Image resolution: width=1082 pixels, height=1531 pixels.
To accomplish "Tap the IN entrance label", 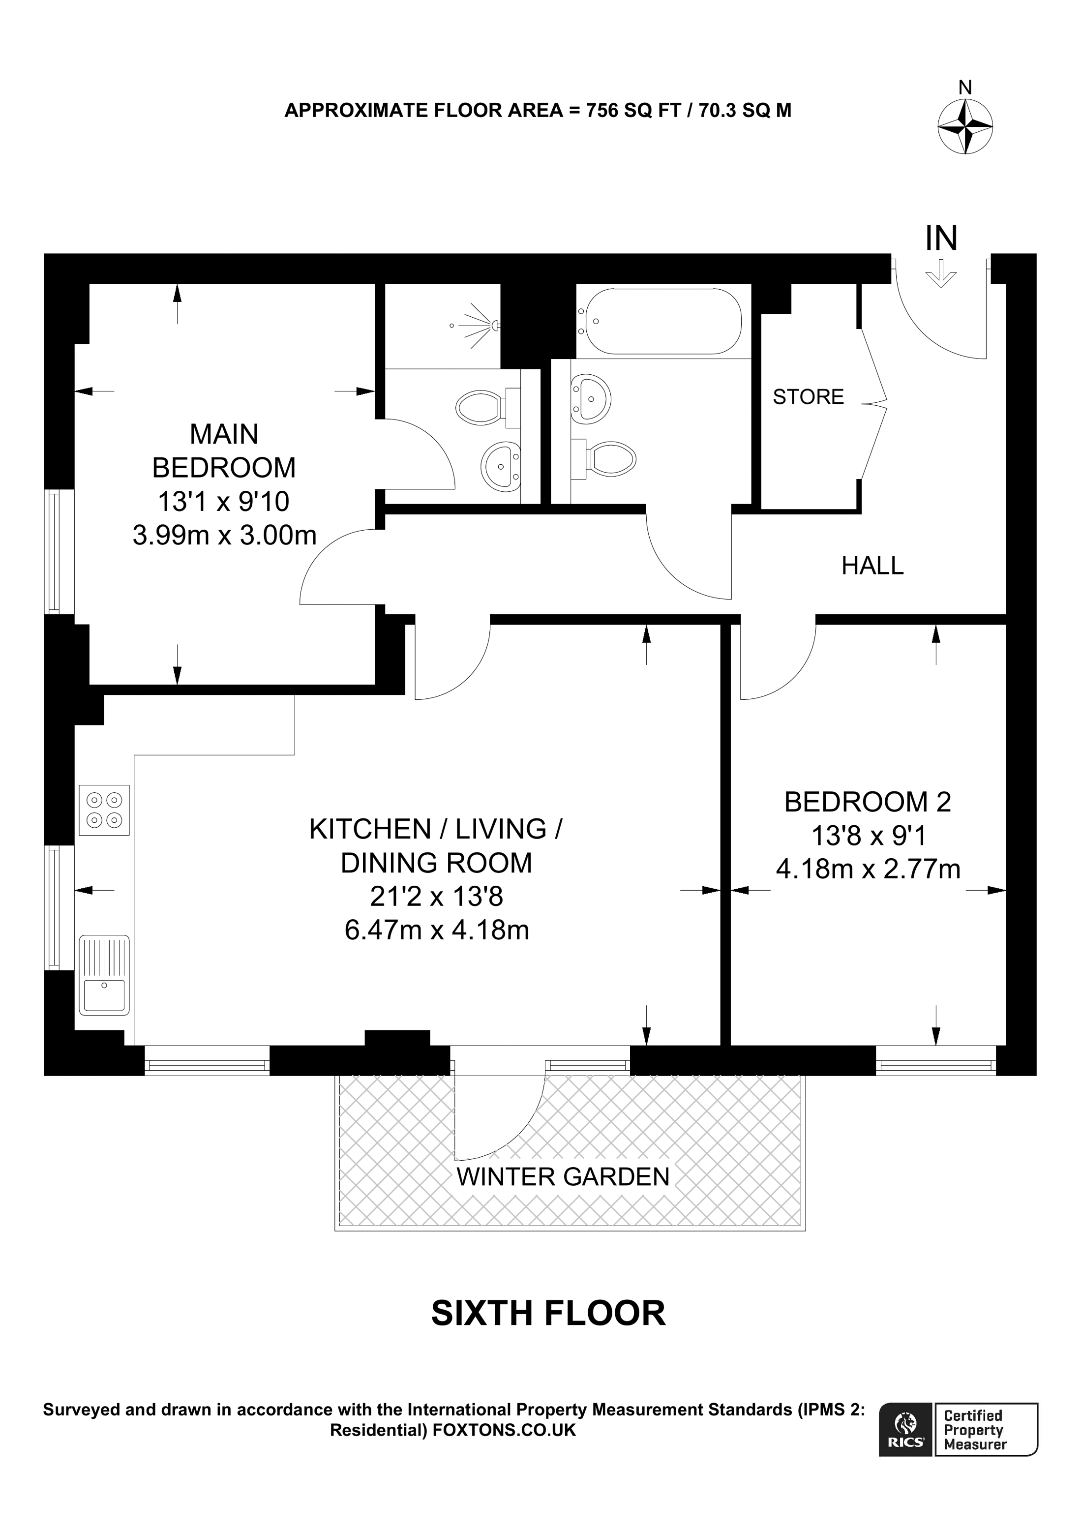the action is [941, 238].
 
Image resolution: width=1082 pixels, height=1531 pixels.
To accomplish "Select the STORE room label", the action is [808, 397].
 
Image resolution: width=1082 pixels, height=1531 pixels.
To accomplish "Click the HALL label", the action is [872, 566].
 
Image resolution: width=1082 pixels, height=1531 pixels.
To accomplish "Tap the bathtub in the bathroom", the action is [660, 322].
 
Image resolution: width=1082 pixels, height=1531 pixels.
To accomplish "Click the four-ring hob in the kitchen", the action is [104, 810].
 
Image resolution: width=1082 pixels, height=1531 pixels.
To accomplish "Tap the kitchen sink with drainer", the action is [104, 975].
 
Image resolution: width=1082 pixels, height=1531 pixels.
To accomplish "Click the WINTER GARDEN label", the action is [563, 1177].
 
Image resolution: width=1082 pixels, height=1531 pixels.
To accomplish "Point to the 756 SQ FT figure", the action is [633, 110].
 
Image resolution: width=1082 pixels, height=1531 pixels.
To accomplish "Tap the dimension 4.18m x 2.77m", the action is [868, 870].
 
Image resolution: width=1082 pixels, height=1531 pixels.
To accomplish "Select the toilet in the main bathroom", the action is [603, 458].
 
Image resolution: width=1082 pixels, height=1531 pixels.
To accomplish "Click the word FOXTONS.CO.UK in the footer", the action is [504, 1430].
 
